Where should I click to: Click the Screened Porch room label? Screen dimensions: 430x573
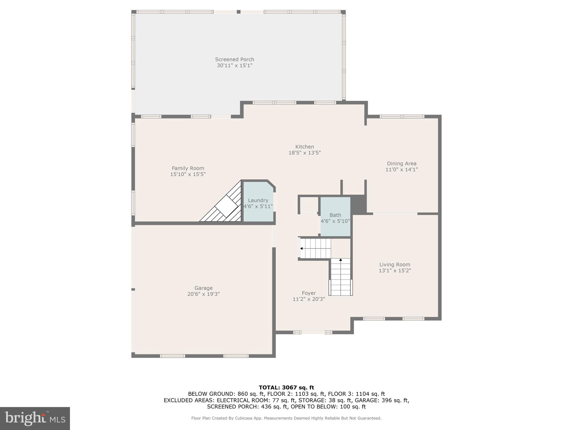(234, 59)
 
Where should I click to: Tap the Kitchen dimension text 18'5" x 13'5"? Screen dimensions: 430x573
(304, 153)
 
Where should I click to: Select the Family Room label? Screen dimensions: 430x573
(188, 168)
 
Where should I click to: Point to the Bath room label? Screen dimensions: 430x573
(335, 215)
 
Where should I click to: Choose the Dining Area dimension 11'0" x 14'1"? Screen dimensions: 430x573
(401, 169)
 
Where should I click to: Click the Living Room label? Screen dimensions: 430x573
(394, 265)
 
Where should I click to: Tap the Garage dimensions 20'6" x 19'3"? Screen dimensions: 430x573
(203, 294)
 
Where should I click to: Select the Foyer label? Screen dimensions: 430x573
(309, 293)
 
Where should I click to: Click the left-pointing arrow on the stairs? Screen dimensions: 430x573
(301, 248)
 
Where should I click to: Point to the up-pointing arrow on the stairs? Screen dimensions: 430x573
(340, 260)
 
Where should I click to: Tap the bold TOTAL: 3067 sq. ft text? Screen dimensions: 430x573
(286, 388)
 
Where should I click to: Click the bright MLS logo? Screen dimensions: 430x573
(35, 418)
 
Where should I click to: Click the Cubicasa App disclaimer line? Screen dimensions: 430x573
(286, 418)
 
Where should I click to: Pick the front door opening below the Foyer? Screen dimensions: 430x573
(313, 332)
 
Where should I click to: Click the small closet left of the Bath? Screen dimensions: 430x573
(309, 204)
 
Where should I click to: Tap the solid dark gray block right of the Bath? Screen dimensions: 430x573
(358, 205)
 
